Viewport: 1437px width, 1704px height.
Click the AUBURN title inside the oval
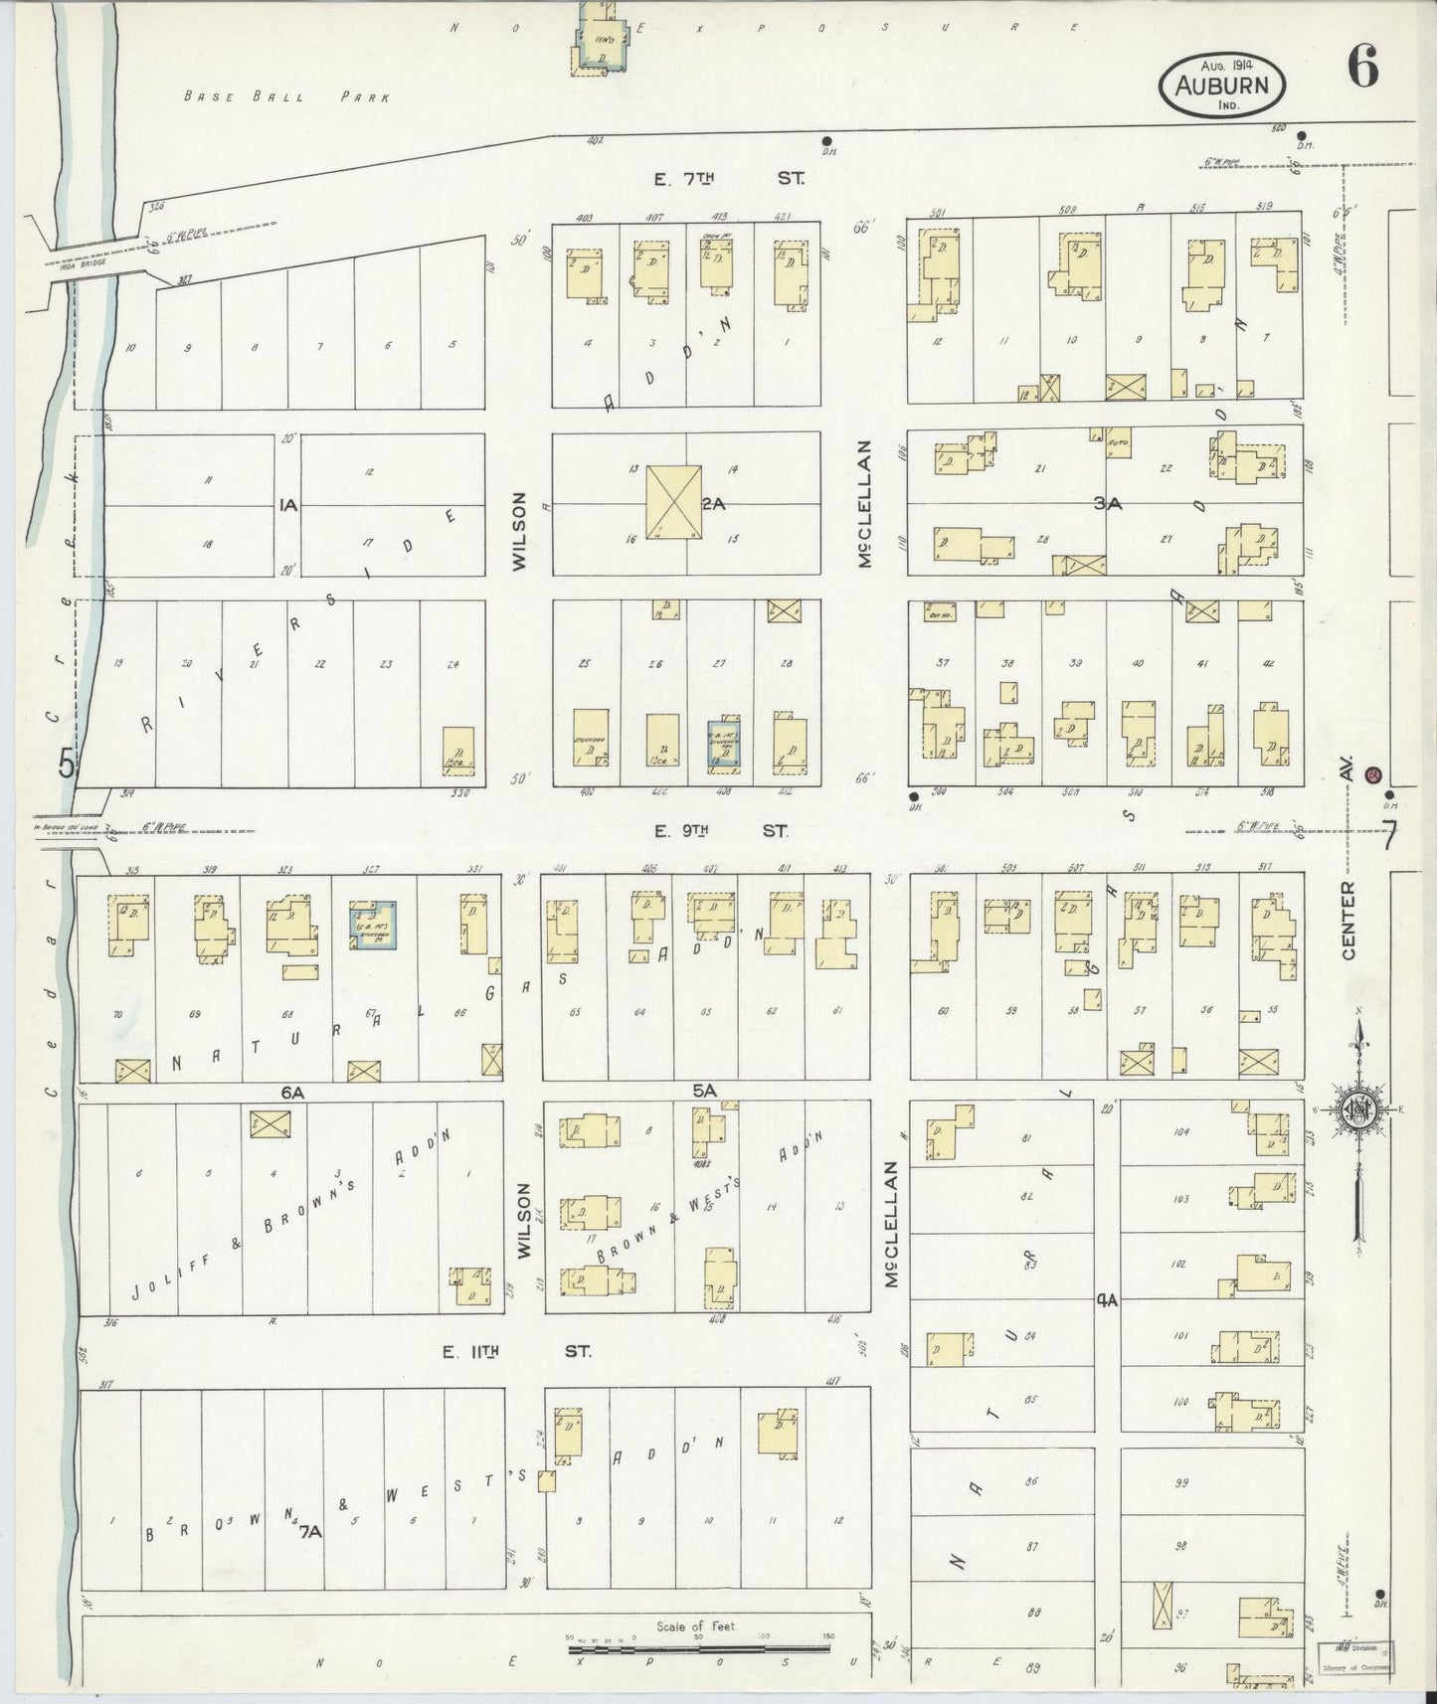[x=1221, y=85]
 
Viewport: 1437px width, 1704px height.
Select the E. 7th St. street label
[x=727, y=179]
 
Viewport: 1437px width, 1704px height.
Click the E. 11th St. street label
[x=516, y=1352]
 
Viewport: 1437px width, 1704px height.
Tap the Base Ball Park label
[x=287, y=97]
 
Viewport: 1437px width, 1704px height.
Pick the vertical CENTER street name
[x=1348, y=920]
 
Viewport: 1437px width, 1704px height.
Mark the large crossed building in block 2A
[x=673, y=503]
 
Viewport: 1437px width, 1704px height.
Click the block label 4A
[x=1108, y=1299]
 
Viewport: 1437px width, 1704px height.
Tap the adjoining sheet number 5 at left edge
[x=67, y=765]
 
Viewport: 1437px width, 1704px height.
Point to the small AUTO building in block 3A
[x=1118, y=444]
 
